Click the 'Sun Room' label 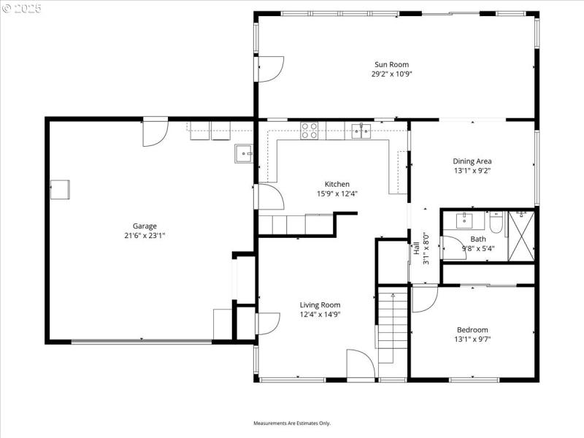396,64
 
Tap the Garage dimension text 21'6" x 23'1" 145,236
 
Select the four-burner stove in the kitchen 310,131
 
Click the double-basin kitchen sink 361,131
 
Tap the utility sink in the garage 243,153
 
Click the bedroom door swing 424,299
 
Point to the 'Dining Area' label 472,161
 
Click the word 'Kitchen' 337,184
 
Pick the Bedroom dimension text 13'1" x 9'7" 472,339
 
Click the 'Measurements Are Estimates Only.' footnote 292,423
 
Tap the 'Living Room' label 320,305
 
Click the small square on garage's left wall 60,189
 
